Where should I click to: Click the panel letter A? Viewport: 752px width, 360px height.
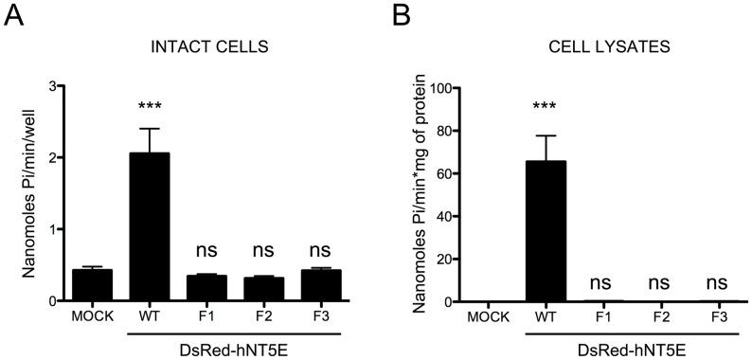tap(14, 16)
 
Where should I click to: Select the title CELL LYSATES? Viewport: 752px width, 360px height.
tap(598, 45)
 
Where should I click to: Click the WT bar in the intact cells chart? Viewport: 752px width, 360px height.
tap(149, 227)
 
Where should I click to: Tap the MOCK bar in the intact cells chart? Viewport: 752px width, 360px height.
tap(93, 285)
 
